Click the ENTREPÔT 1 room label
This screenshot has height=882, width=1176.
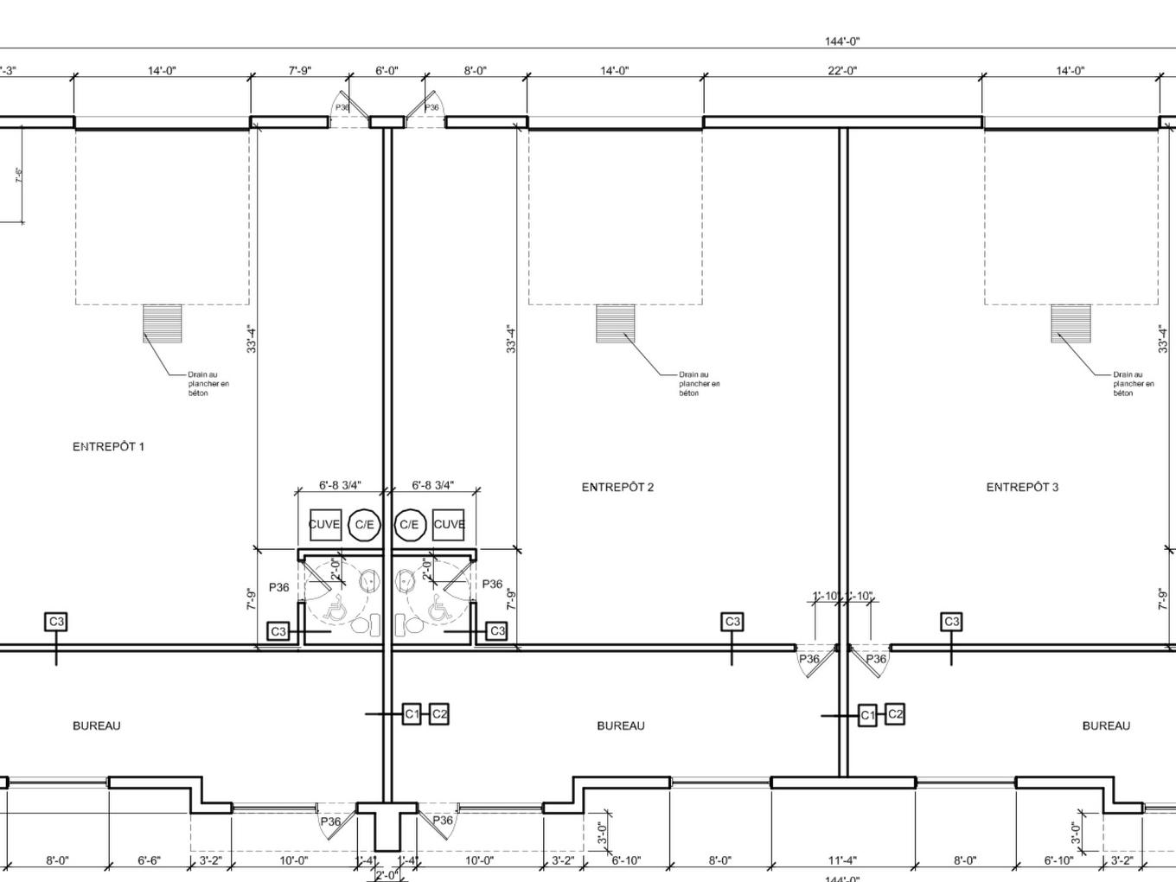click(108, 447)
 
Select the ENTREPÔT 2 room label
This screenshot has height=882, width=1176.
click(617, 488)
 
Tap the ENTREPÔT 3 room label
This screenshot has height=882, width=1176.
click(1022, 488)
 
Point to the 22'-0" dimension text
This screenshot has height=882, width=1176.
click(842, 71)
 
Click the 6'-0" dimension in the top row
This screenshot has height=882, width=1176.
click(387, 71)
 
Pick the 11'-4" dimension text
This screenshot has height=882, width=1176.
click(841, 860)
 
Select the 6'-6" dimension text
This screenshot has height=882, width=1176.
click(149, 860)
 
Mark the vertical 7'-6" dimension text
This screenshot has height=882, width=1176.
click(18, 176)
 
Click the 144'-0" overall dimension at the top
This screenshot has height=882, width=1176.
click(842, 42)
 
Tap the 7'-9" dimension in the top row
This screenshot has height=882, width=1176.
click(299, 71)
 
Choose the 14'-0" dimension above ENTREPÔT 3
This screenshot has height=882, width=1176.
click(1070, 71)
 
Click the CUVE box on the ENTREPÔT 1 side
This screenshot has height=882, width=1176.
click(324, 525)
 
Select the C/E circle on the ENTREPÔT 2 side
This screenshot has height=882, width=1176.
click(409, 525)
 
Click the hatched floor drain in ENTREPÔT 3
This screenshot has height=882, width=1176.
click(1071, 324)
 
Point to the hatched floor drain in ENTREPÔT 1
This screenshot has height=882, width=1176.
click(163, 324)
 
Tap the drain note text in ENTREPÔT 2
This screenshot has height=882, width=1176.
click(699, 384)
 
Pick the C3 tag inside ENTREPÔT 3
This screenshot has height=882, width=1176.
click(951, 622)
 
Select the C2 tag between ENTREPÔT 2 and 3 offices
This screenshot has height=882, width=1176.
click(895, 714)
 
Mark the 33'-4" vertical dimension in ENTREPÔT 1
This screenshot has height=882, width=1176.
click(252, 339)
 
